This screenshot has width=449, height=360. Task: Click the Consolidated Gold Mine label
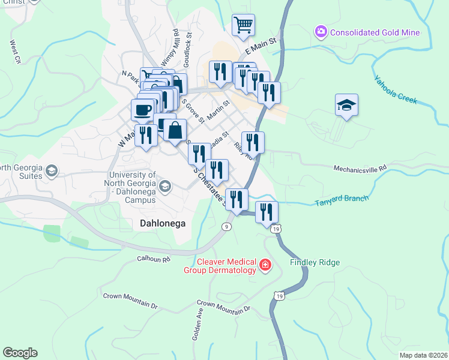[x=374, y=32]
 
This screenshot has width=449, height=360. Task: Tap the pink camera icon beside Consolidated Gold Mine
[x=321, y=31]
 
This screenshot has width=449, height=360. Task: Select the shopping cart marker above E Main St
[x=243, y=25]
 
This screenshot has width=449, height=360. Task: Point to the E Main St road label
[x=259, y=44]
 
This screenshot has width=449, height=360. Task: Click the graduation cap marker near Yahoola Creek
[x=346, y=105]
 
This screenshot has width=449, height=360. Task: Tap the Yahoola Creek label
[x=395, y=89]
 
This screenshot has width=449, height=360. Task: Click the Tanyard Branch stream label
[x=342, y=201]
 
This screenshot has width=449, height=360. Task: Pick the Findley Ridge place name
[x=315, y=263]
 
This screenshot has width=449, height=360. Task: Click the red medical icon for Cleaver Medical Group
[x=265, y=265]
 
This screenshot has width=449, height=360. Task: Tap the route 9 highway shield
[x=226, y=226]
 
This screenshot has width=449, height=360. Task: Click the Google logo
[x=20, y=353]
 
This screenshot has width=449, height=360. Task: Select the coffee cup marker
[x=142, y=110]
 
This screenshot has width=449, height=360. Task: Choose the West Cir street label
[x=15, y=52]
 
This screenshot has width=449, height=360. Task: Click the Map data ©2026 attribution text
[x=423, y=355]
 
